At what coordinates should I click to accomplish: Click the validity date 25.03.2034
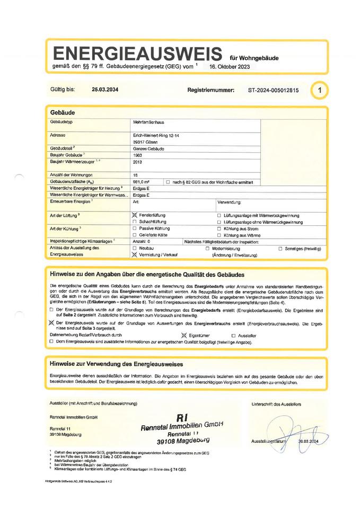106,90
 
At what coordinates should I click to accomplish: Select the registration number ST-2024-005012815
273,90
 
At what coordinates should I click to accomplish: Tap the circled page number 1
319,90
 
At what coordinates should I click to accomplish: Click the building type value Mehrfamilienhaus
149,123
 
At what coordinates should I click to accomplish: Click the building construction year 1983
138,155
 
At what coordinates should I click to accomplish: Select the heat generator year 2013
138,162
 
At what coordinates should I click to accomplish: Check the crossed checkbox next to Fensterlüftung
135,216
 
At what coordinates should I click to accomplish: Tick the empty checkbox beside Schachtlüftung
135,222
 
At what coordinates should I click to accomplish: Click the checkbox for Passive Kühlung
135,229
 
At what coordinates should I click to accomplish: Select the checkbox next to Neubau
135,248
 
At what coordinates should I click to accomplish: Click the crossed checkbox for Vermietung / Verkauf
135,254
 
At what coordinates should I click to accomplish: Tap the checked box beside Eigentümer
184,336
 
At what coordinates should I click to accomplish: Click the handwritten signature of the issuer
287,429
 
